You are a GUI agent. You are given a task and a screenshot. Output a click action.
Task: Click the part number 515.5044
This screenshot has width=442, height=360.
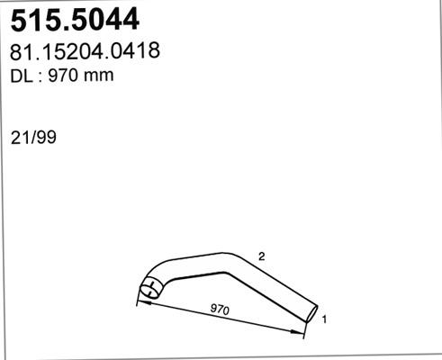pos(74,19)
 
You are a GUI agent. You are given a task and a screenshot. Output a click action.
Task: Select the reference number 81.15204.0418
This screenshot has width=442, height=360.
pos(86,52)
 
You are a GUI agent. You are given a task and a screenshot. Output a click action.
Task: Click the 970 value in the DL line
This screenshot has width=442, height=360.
pos(64,76)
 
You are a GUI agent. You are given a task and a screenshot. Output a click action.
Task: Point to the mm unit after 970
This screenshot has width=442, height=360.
pos(97,76)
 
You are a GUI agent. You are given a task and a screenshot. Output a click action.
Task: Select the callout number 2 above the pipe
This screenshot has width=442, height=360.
pos(260,256)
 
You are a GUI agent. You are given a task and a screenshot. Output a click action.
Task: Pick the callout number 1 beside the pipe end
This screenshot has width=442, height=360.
pos(323,319)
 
